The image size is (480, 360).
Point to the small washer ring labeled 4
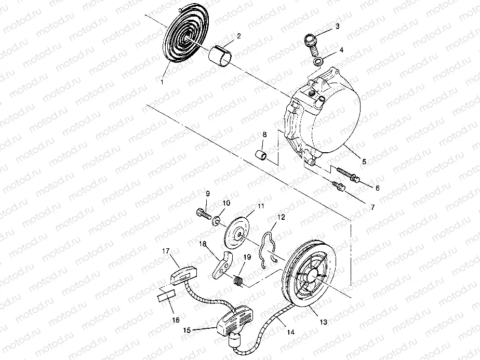(318, 61)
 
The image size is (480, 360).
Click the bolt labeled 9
(203, 214)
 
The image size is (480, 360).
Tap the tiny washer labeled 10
(217, 220)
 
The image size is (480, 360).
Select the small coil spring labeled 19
(238, 282)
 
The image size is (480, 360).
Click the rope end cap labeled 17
(183, 275)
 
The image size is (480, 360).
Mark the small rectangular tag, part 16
(165, 296)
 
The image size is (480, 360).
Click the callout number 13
(323, 322)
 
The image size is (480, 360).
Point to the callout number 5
(364, 162)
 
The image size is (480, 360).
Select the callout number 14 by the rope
(291, 332)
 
